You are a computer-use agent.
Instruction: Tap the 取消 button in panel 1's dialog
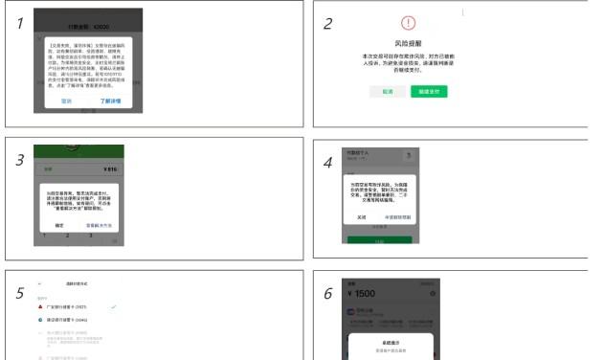pyautogui.click(x=66, y=100)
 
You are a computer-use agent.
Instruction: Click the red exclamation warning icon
pyautogui.click(x=409, y=26)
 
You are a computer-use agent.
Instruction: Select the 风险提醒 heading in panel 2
pyautogui.click(x=409, y=44)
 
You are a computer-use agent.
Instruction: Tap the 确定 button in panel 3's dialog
pyautogui.click(x=59, y=223)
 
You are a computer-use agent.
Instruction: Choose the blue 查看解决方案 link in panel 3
pyautogui.click(x=101, y=223)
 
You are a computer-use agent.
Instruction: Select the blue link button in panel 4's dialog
pyautogui.click(x=411, y=217)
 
